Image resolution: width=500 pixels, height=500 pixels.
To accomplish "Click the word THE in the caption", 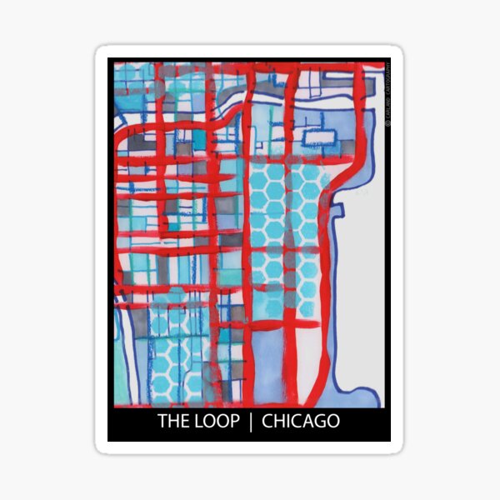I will [x=173, y=421].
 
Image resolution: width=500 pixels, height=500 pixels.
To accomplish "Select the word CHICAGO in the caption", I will [x=301, y=421].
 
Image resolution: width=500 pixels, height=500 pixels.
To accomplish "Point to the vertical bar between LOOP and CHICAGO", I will [x=251, y=421].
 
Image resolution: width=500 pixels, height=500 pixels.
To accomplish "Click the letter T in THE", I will [x=163, y=421].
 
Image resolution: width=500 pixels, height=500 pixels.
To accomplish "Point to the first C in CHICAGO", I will [x=267, y=421].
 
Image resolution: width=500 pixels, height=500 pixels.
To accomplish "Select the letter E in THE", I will [x=184, y=421].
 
